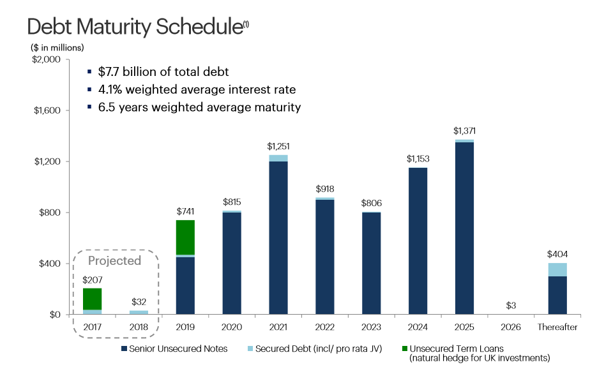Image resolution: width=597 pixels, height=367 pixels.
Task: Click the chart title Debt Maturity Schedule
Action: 134,27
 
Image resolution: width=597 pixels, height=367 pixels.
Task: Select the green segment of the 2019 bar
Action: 185,237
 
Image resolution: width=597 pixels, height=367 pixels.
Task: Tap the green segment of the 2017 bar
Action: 93,299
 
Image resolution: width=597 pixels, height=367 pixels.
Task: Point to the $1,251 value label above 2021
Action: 278,147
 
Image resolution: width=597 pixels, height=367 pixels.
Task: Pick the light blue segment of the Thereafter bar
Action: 557,269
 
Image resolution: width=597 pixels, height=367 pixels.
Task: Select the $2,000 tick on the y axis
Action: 45,59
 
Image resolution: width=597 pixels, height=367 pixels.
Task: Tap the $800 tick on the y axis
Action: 49,213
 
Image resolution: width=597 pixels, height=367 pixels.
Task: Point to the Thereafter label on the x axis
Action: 557,327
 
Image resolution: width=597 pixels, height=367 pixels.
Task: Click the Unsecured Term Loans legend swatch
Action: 404,348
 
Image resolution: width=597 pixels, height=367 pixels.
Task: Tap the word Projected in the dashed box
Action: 114,260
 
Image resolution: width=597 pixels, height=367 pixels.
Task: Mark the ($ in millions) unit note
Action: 57,47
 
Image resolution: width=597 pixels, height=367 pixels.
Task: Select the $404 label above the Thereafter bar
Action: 557,254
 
